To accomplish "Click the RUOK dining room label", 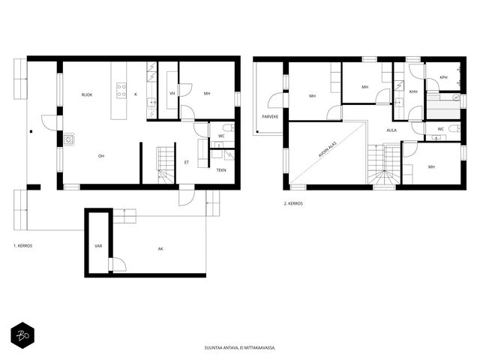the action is [x=87, y=95].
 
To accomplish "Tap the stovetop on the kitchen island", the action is [x=121, y=91].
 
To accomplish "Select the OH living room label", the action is [x=101, y=156].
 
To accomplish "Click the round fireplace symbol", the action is [x=69, y=140].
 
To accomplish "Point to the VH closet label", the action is [x=172, y=93].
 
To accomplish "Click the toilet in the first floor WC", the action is [x=229, y=127].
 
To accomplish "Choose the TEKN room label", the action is [x=221, y=170].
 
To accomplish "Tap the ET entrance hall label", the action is [x=187, y=163].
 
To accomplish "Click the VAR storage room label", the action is [x=98, y=246].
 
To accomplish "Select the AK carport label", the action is [x=160, y=249].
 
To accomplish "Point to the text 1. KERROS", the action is [x=23, y=246].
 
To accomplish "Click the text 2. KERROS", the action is [x=293, y=203].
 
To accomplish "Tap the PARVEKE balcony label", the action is [x=270, y=117].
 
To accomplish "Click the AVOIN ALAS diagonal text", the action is [x=328, y=149].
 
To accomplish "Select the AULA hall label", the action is [x=391, y=130].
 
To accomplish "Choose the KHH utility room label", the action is [x=413, y=91].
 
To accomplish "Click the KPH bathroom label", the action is [x=443, y=77].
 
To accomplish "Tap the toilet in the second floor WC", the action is [x=455, y=128].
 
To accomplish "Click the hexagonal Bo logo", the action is [x=22, y=335].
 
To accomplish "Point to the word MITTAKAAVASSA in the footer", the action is [x=261, y=348].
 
